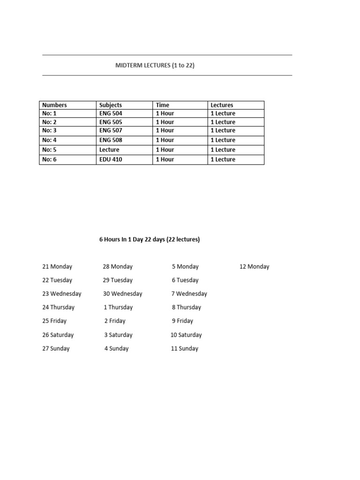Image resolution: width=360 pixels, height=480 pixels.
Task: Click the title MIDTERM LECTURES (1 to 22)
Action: [155, 66]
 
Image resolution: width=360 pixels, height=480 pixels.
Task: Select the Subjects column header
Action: [111, 105]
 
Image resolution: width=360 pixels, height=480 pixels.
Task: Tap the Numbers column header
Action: [54, 105]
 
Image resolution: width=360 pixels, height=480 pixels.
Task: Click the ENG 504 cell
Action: [111, 113]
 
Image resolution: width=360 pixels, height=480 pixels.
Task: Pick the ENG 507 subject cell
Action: [111, 130]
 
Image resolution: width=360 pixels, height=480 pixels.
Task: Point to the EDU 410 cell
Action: [111, 159]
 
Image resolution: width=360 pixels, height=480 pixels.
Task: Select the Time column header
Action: [163, 105]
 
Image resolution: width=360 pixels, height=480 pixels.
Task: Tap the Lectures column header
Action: [222, 105]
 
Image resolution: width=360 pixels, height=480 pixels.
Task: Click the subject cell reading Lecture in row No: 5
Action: [109, 150]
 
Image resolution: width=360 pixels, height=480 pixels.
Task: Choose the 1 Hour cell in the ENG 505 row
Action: [165, 122]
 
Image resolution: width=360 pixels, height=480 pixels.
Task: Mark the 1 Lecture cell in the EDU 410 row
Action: [223, 159]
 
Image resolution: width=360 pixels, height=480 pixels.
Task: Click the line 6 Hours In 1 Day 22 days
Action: [150, 240]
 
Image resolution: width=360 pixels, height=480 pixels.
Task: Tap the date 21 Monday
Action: [57, 267]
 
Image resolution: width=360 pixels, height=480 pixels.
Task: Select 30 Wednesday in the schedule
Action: [122, 294]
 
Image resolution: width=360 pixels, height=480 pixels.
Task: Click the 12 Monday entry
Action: [254, 267]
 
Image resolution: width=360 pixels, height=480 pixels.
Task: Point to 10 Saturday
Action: [186, 335]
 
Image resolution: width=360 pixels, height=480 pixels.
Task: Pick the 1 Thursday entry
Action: [118, 307]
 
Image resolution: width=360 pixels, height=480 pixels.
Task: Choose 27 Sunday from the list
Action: [56, 349]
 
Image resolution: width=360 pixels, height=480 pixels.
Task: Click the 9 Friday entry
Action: [182, 321]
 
